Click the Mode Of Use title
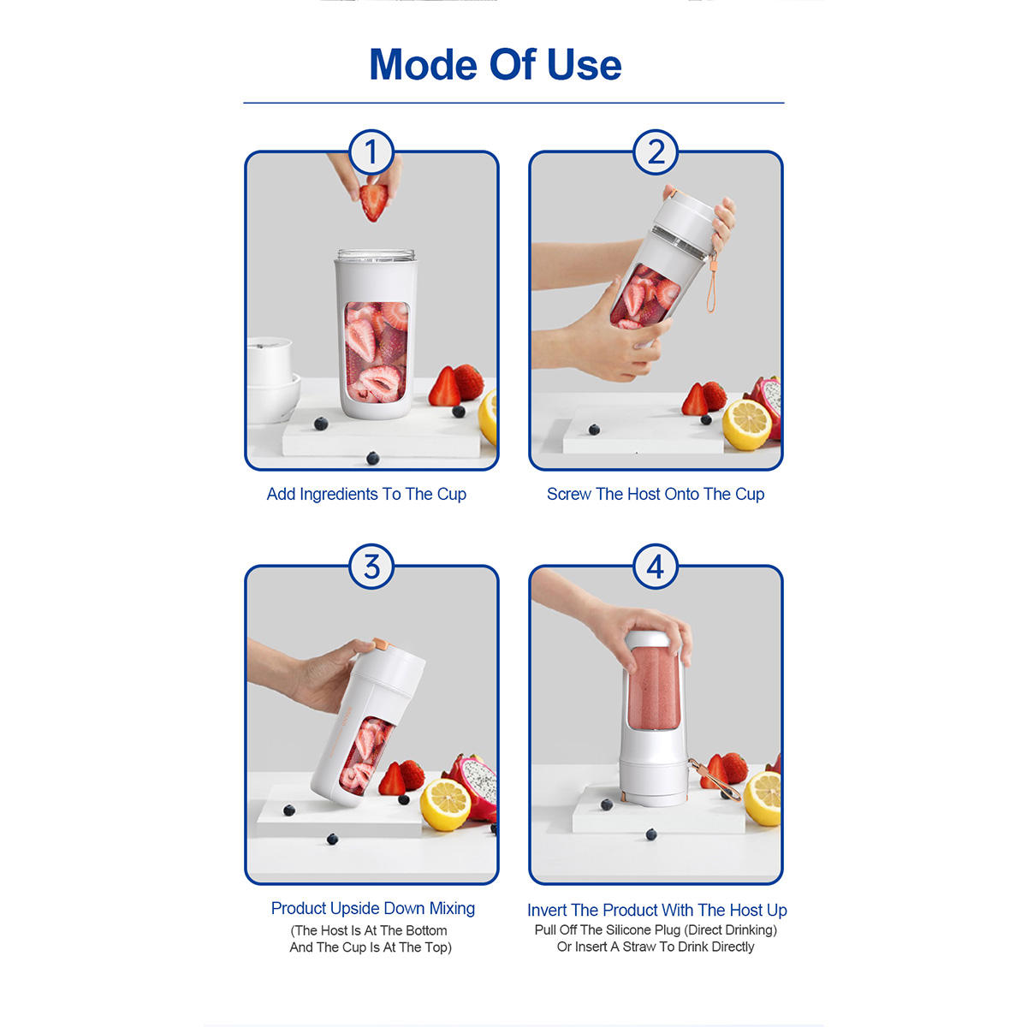tap(496, 64)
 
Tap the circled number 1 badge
tap(371, 151)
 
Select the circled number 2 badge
tap(656, 151)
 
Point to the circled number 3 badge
tap(371, 567)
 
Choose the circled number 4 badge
tap(656, 567)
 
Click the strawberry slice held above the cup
tap(373, 201)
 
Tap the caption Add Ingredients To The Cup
tap(366, 494)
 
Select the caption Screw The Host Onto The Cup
tap(656, 494)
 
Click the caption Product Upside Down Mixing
tap(373, 908)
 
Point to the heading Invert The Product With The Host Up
tap(657, 911)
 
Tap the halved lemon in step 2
tap(746, 424)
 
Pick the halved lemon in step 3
tap(446, 804)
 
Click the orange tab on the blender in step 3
tap(380, 644)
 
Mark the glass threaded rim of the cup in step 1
tap(377, 255)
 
